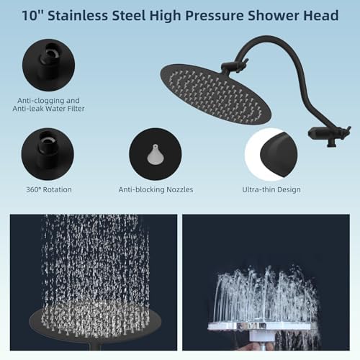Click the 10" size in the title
[35, 15]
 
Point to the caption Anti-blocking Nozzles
[156, 189]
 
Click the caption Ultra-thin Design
[271, 189]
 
